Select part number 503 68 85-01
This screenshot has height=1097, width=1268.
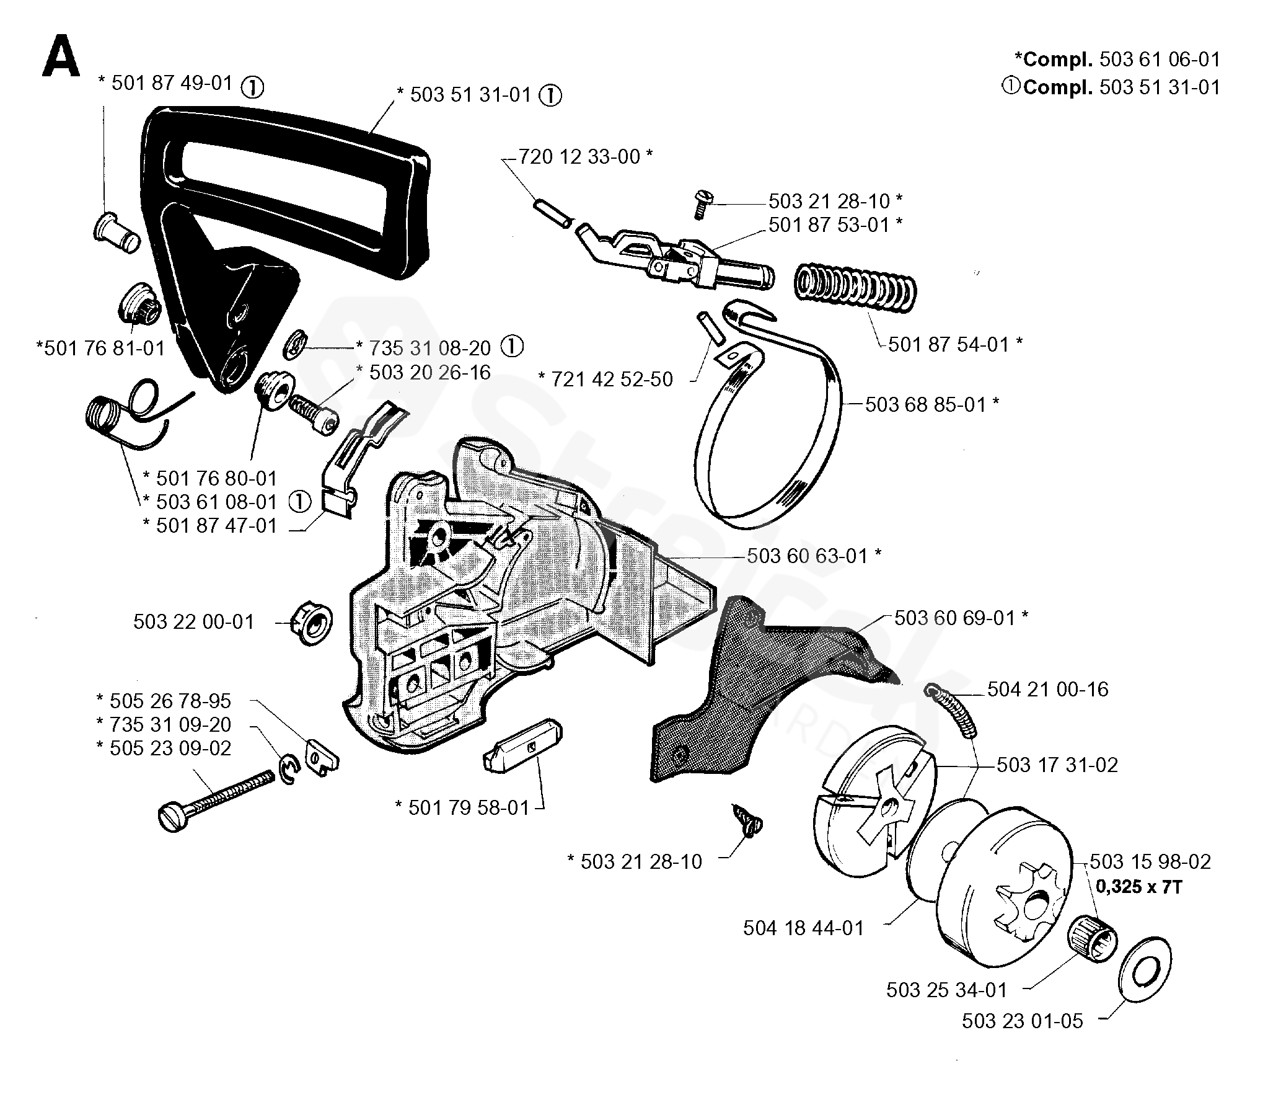(931, 405)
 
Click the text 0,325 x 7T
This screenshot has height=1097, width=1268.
(1138, 887)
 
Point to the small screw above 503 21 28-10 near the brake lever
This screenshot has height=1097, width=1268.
(703, 203)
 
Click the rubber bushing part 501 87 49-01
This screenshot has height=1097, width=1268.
(117, 233)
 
